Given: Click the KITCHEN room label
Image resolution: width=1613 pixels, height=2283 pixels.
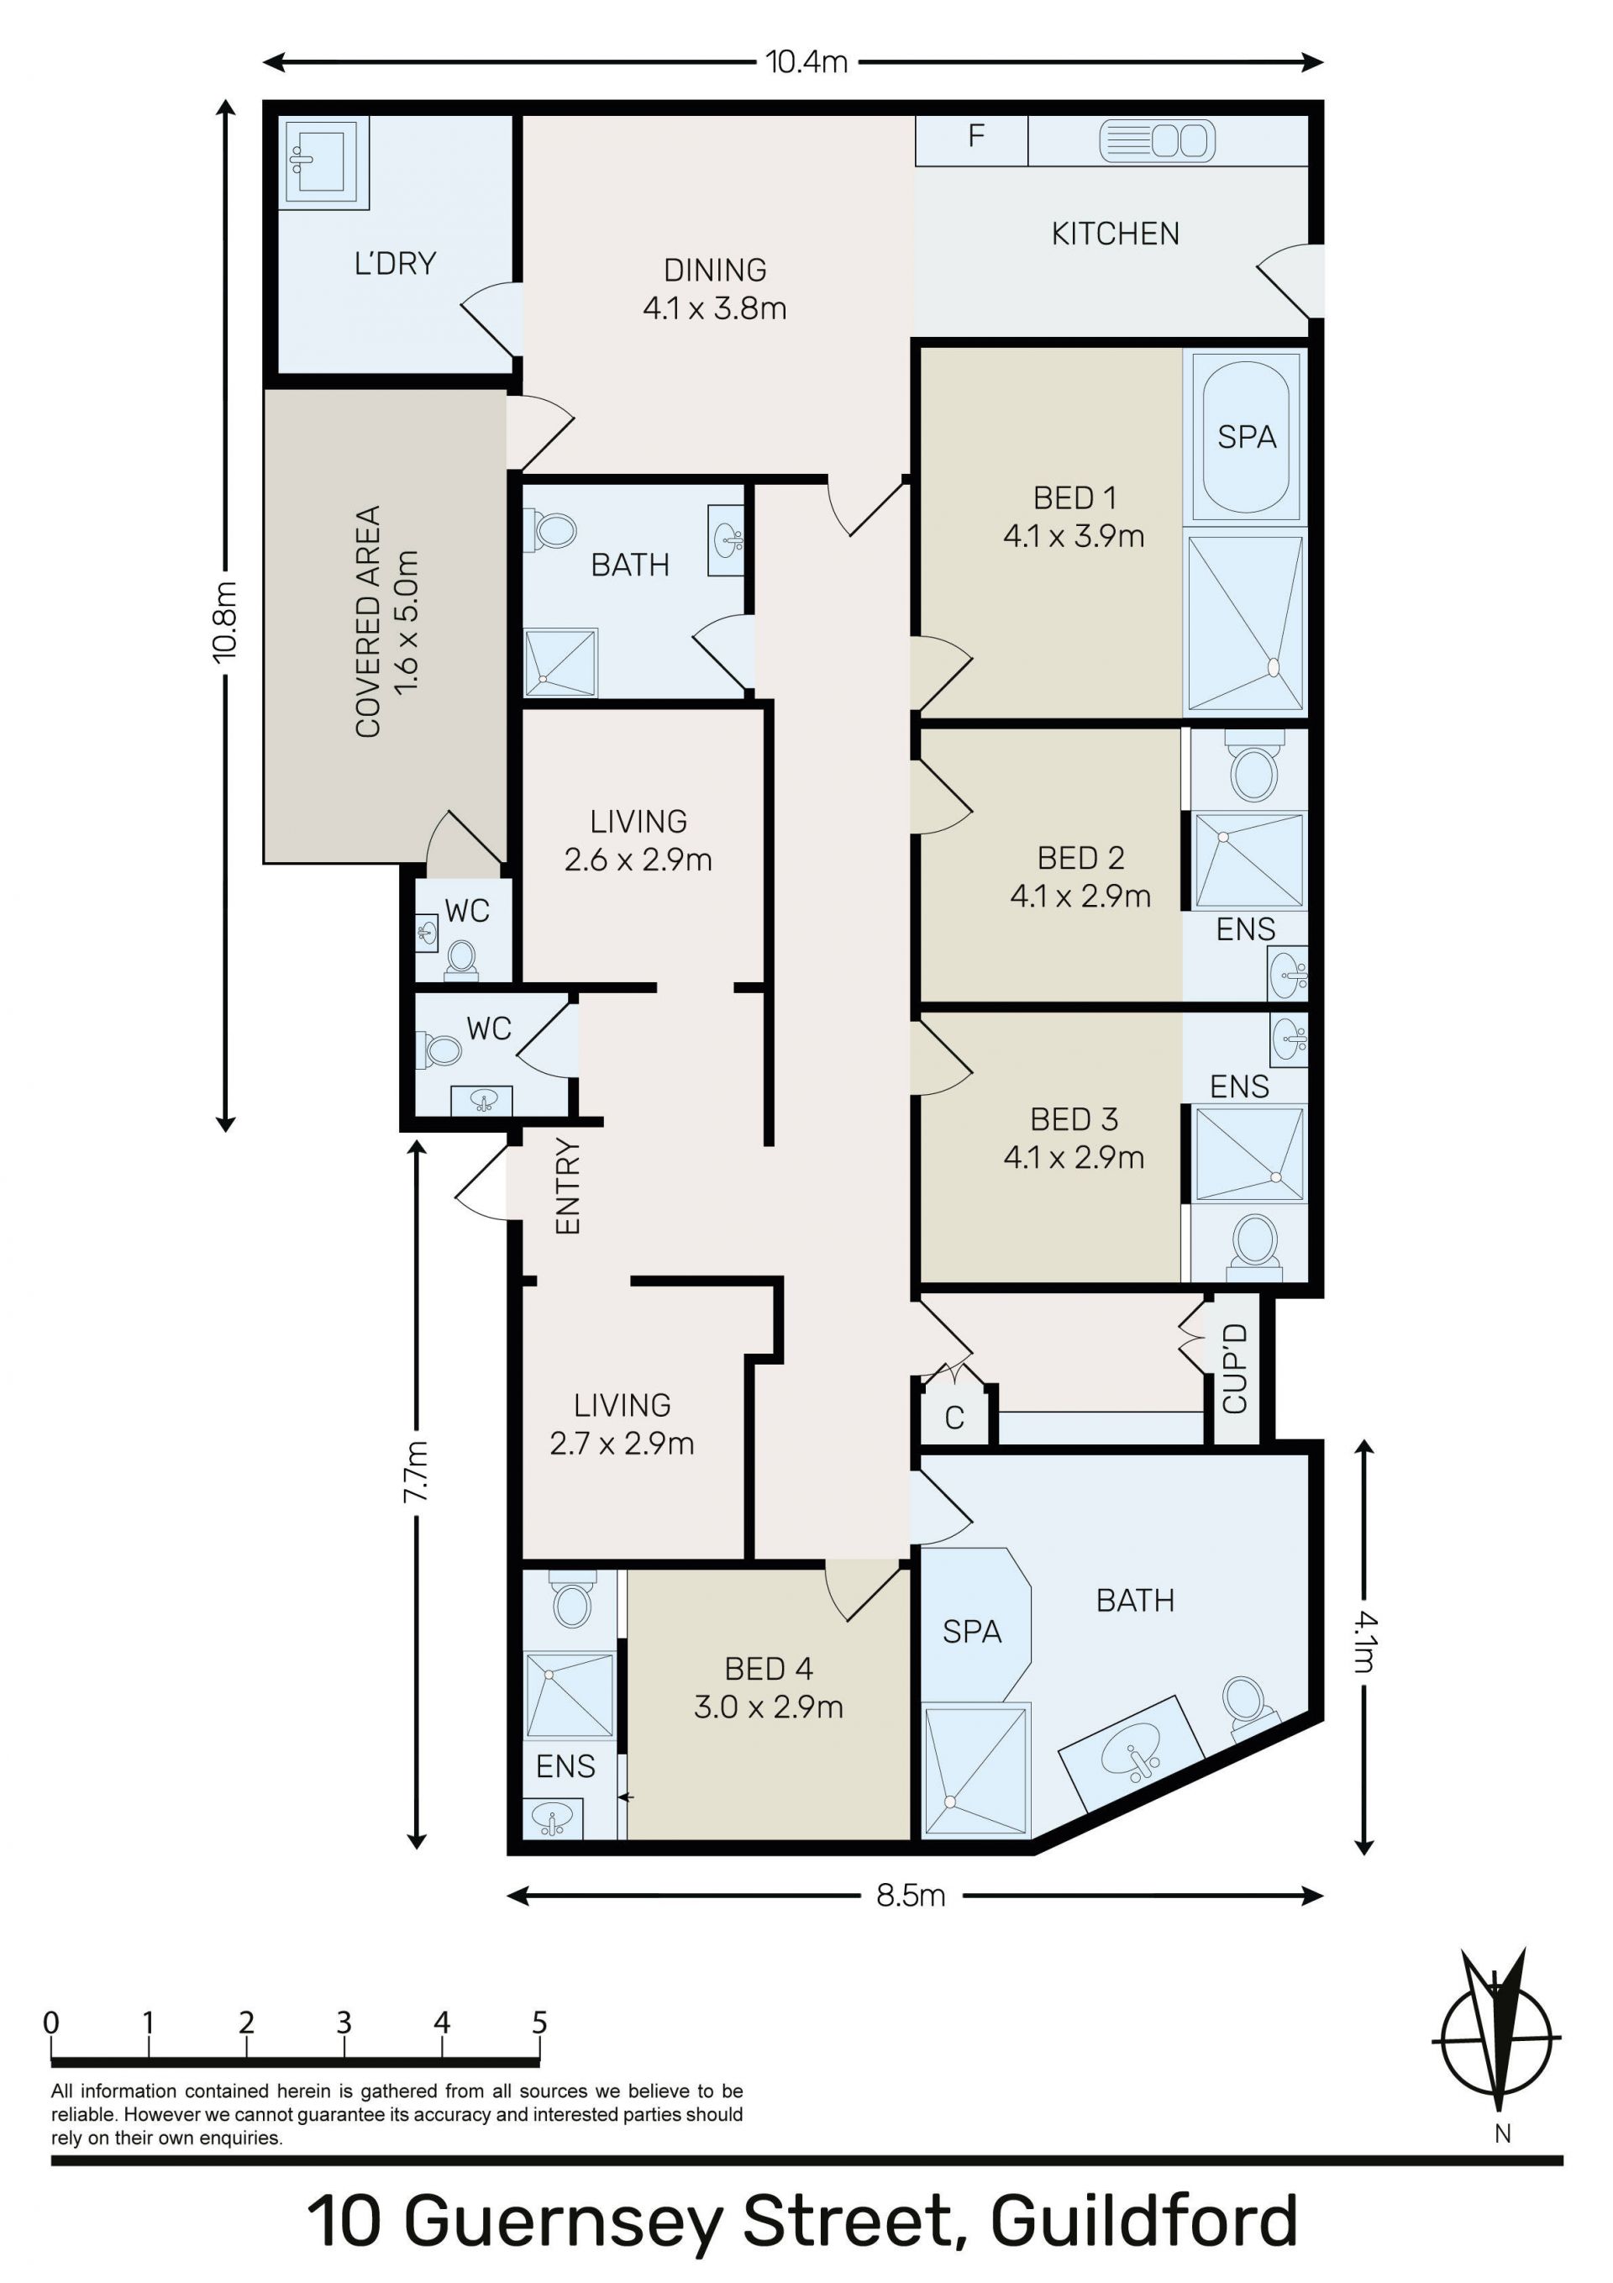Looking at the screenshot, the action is click(x=1115, y=234).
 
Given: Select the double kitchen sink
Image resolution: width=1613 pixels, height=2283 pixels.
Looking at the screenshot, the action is click(x=1157, y=140).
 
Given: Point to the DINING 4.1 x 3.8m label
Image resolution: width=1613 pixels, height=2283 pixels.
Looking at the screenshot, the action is click(x=714, y=288).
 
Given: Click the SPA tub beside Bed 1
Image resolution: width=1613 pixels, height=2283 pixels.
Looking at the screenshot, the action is click(x=1246, y=435).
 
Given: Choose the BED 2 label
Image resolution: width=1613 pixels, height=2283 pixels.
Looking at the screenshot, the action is click(x=1080, y=857).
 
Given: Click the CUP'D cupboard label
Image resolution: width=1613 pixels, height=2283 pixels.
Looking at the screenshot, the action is click(x=1234, y=1368).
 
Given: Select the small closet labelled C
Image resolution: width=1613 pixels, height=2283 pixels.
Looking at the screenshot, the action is click(x=954, y=1417).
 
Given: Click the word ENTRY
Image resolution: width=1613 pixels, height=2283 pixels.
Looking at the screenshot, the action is click(x=567, y=1186).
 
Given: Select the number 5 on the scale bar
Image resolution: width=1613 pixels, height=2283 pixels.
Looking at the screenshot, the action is click(x=539, y=2023).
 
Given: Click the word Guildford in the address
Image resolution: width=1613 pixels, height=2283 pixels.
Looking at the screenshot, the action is click(x=1143, y=2223).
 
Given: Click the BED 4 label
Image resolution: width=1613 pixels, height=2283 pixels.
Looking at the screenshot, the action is click(x=769, y=1667).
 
